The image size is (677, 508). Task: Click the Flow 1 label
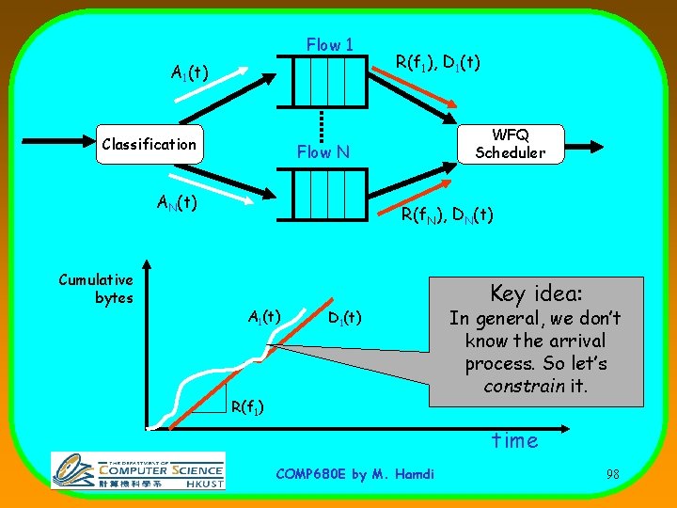pyautogui.click(x=330, y=45)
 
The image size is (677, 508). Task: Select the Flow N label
pyautogui.click(x=323, y=151)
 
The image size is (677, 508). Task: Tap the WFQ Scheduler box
pyautogui.click(x=510, y=143)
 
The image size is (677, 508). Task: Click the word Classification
pyautogui.click(x=149, y=144)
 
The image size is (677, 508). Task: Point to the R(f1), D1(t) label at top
pyautogui.click(x=437, y=63)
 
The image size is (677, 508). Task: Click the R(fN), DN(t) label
pyautogui.click(x=448, y=215)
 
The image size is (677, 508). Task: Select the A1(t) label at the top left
pyautogui.click(x=189, y=71)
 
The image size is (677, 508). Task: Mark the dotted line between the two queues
pyautogui.click(x=323, y=123)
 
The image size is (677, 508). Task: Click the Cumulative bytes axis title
pyautogui.click(x=96, y=289)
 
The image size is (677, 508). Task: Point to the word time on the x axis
pyautogui.click(x=515, y=440)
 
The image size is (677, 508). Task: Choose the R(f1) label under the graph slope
pyautogui.click(x=246, y=406)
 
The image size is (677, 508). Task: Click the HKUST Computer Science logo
pyautogui.click(x=138, y=470)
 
